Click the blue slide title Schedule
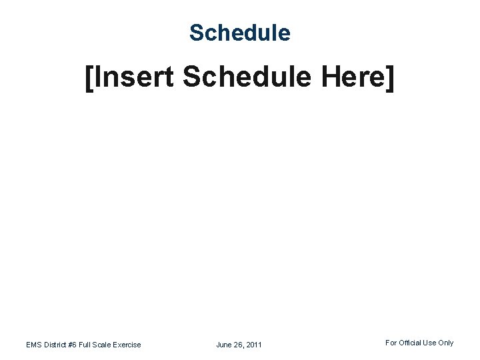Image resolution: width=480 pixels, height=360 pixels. click(240, 32)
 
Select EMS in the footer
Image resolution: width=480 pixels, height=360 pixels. click(34, 345)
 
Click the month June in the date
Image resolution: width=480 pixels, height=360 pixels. click(225, 345)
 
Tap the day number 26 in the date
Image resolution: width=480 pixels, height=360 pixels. click(239, 345)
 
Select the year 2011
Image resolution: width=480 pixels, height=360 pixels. click(254, 345)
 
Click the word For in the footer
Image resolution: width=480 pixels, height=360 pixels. click(391, 343)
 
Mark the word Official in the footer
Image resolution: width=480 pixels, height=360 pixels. click(411, 343)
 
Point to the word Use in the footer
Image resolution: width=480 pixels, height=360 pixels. click(431, 343)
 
